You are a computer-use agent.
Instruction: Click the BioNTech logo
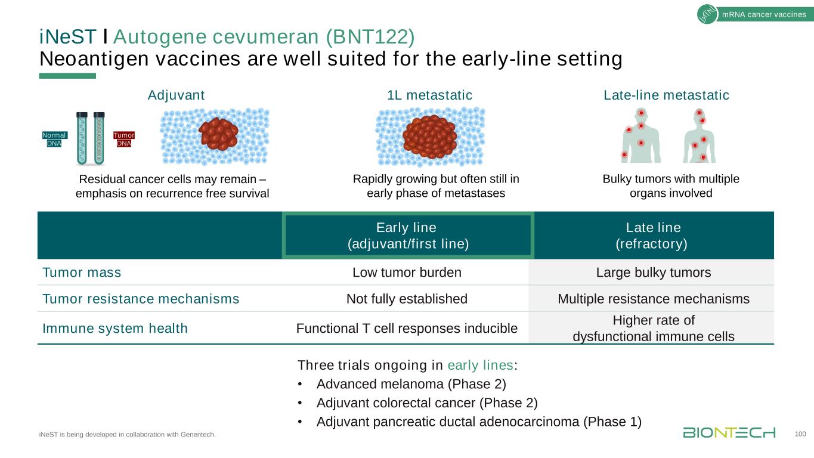[729, 432]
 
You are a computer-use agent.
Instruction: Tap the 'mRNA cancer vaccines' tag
[763, 15]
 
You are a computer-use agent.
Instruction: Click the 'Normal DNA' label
[54, 139]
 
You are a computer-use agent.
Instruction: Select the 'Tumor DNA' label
[124, 139]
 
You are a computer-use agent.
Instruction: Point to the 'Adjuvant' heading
[176, 95]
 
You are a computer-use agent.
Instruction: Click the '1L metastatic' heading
[429, 95]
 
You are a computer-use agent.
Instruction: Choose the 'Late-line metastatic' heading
[666, 95]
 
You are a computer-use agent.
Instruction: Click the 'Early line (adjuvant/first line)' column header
[408, 236]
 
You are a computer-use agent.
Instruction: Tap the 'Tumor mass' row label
[82, 273]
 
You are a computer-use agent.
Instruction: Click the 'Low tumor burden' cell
[407, 273]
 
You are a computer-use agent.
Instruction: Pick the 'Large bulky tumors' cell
[654, 273]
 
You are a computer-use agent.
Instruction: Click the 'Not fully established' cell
[407, 298]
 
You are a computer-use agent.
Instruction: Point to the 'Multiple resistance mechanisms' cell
[654, 298]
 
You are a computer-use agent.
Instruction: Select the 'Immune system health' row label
[115, 328]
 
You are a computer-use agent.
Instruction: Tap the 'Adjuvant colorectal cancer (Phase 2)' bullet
[427, 403]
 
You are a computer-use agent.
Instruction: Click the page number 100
[801, 434]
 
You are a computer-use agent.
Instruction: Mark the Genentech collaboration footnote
[127, 434]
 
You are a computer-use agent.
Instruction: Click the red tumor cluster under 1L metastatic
[429, 135]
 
